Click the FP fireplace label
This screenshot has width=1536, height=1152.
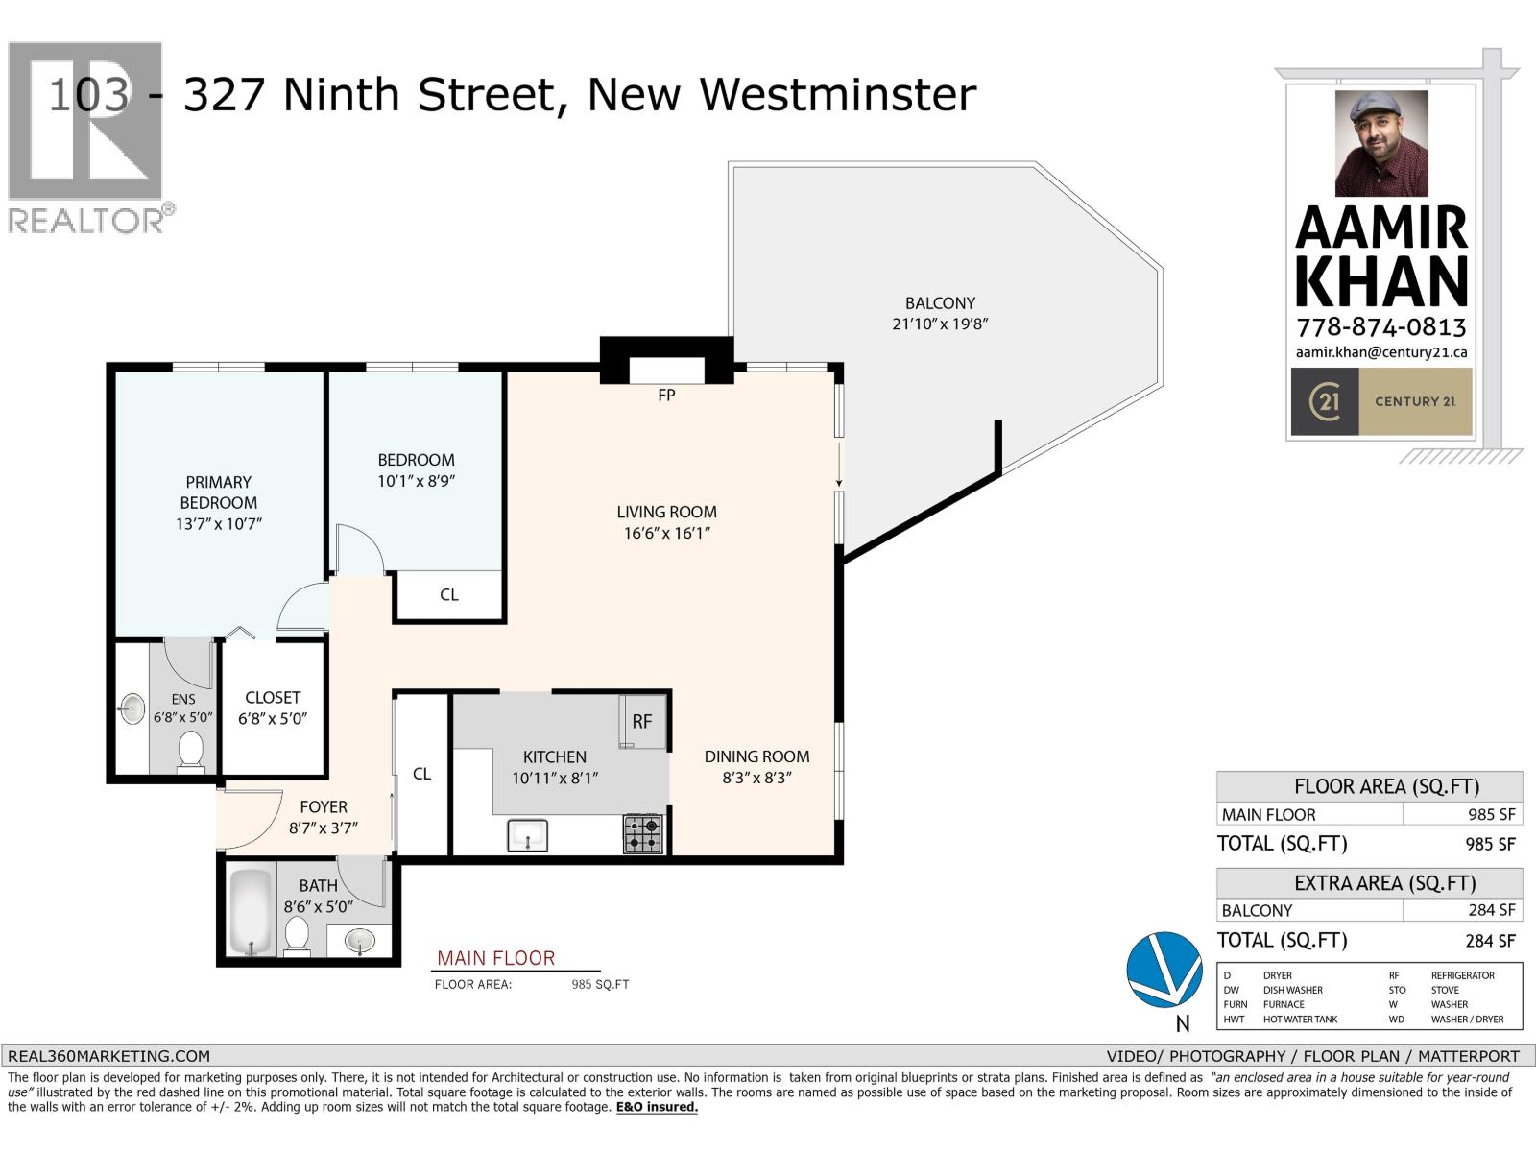[x=666, y=395]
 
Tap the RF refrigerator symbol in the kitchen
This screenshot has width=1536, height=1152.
[x=641, y=721]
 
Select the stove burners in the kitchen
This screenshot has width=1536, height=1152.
[x=643, y=833]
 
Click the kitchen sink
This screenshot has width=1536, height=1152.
[x=527, y=834]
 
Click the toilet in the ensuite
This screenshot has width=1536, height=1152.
[x=191, y=751]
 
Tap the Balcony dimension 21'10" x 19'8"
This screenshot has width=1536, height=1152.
[x=940, y=324]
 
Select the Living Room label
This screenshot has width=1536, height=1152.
[x=666, y=512]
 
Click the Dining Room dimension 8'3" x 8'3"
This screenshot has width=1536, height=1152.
[x=756, y=778]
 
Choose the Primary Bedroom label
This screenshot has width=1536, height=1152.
[x=219, y=492]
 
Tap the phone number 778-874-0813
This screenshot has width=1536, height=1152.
[x=1381, y=326]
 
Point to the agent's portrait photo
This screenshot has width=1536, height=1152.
[x=1381, y=144]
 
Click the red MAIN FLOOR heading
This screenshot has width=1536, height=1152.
[x=495, y=958]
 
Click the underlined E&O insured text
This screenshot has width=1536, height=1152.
[x=657, y=1107]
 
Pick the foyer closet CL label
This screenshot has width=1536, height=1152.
[x=421, y=774]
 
